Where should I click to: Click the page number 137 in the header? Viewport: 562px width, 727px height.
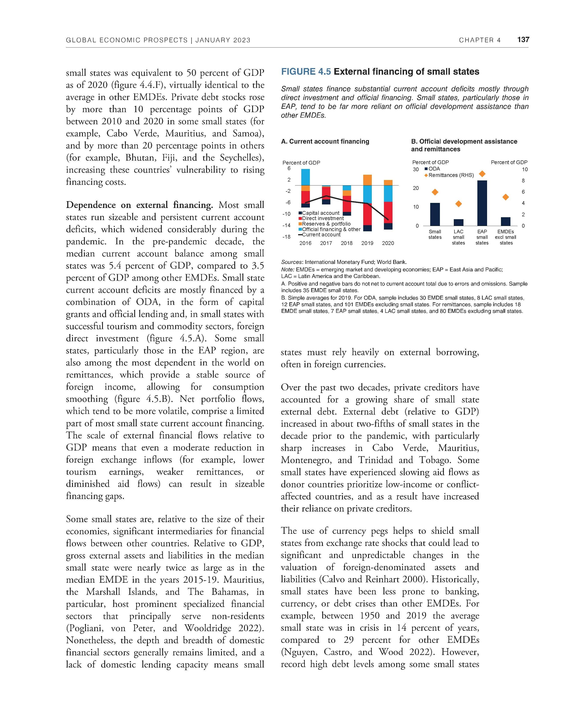523,40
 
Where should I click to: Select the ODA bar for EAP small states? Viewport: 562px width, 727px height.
482,203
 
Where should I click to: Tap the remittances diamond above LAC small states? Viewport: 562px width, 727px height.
458,204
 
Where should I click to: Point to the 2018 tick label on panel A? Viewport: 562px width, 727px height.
347,243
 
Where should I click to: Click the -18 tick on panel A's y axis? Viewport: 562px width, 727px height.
286,237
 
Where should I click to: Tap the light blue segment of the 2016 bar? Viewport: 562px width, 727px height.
305,177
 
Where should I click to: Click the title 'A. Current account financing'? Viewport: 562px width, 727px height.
325,141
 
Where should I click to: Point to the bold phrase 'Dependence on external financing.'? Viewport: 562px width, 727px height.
139,205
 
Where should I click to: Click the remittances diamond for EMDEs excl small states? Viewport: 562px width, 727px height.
506,197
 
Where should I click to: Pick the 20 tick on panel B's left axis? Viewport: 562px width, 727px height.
416,188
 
